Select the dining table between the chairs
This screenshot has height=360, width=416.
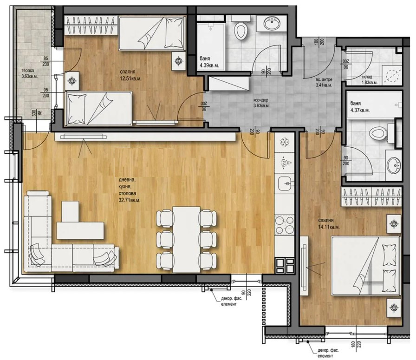click(186, 238)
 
